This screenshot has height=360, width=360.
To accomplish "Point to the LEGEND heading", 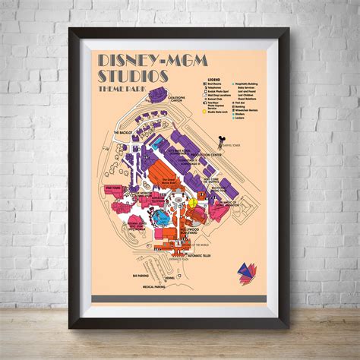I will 213,78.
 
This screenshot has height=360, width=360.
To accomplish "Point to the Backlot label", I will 125,132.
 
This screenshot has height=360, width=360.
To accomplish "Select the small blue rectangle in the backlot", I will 158,144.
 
